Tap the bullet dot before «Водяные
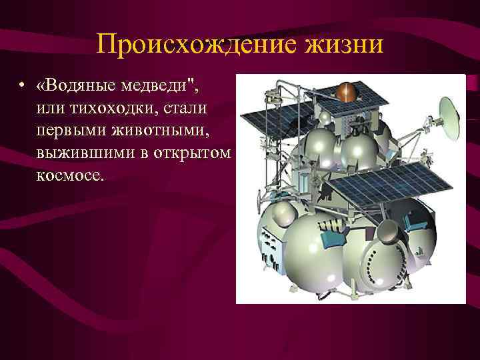(x=23, y=86)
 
